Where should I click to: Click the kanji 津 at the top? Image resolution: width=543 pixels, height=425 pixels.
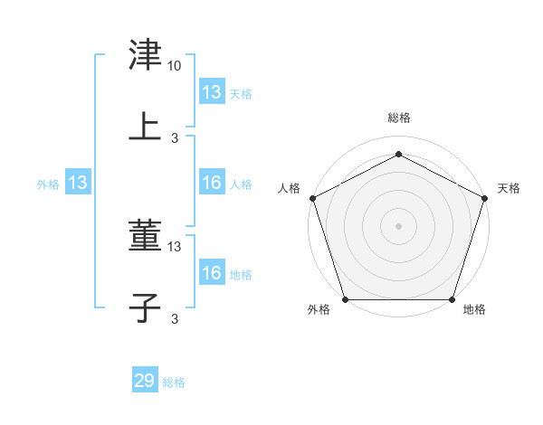(x=145, y=55)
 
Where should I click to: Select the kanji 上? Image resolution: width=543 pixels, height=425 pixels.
(x=145, y=127)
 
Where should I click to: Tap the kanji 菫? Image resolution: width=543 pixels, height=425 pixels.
(x=145, y=237)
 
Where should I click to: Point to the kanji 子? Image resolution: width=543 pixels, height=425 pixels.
(x=145, y=308)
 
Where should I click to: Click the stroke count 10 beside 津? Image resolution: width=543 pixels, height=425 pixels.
(x=175, y=66)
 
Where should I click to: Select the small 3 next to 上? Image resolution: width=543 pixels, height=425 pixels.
(x=175, y=138)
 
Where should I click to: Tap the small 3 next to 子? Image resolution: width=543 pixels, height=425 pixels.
(x=175, y=318)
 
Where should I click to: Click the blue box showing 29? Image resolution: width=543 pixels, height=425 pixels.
(x=145, y=381)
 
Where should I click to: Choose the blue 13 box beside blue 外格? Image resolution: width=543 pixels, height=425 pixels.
(x=78, y=184)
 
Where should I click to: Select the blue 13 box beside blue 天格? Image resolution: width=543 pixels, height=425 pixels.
(x=212, y=92)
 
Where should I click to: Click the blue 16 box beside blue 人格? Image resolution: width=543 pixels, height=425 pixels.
(x=212, y=184)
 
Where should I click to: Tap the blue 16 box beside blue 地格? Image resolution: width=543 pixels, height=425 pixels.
(x=212, y=273)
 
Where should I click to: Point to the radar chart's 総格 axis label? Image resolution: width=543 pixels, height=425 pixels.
(x=399, y=118)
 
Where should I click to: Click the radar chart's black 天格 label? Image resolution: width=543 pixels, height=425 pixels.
(x=509, y=188)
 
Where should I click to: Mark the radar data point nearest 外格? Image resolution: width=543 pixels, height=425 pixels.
(x=345, y=299)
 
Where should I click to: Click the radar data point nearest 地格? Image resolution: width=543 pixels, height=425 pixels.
(x=452, y=299)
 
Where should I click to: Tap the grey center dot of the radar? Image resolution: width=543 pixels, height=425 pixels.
(x=399, y=225)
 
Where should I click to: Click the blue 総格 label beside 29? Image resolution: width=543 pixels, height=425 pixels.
(x=174, y=382)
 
